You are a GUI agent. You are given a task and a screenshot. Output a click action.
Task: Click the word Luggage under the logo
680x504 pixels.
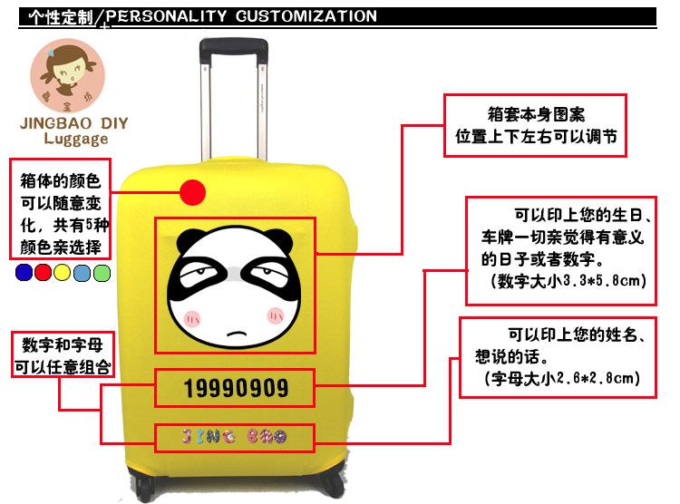(x=73, y=139)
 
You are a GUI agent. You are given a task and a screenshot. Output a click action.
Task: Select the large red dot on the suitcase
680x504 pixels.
(x=192, y=192)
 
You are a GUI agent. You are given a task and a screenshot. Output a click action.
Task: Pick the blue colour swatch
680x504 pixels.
(x=24, y=272)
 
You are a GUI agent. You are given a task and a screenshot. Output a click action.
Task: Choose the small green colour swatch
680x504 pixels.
(x=102, y=272)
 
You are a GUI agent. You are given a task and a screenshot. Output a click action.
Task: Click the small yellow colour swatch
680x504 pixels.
(x=63, y=272)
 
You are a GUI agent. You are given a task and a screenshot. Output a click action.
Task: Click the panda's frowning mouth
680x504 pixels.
(x=234, y=334)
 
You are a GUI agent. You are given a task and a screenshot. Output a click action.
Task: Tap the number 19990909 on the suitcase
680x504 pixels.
(x=235, y=389)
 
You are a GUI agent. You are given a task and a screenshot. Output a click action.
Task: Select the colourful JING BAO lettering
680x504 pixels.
(x=235, y=440)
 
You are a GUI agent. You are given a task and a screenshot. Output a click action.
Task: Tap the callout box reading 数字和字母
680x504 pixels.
(x=62, y=356)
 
